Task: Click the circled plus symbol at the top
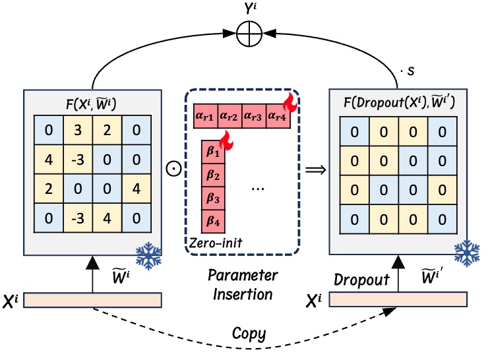[252, 30]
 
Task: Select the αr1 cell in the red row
[206, 117]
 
